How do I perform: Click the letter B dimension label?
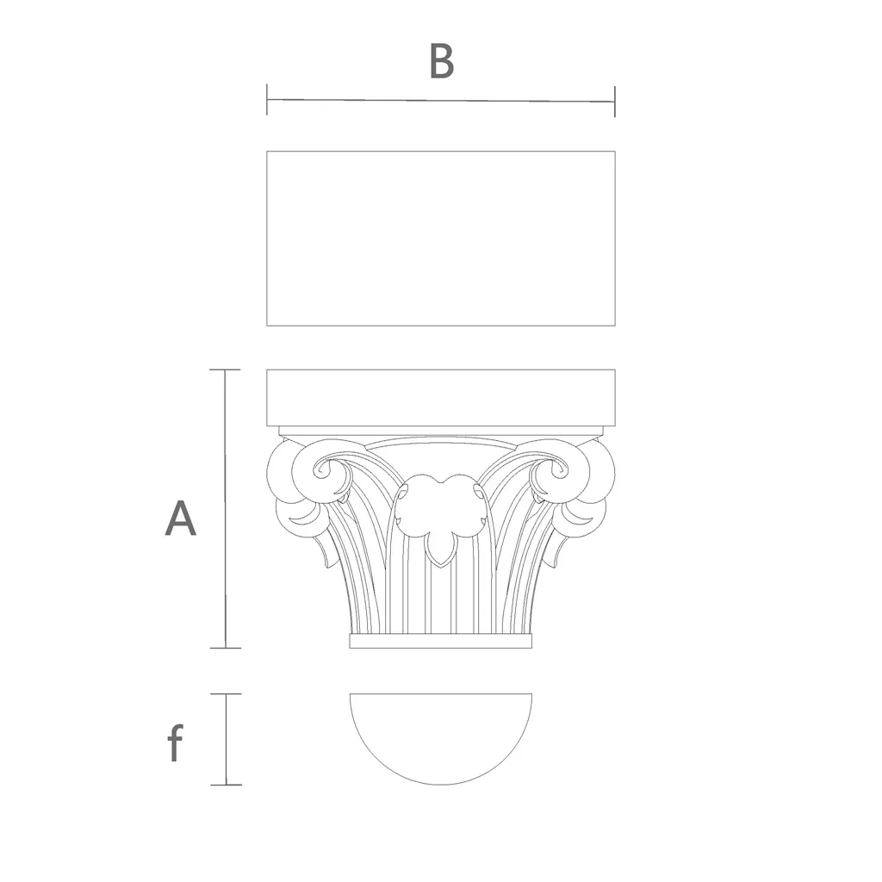(x=442, y=61)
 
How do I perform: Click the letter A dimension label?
(x=181, y=518)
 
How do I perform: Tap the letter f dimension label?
(x=176, y=742)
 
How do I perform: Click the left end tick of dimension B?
(x=267, y=100)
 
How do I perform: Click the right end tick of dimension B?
(x=615, y=102)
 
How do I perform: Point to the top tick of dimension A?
(x=225, y=370)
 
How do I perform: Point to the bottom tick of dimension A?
(x=225, y=648)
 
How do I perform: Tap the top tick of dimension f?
(x=227, y=694)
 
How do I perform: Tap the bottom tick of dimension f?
(x=227, y=785)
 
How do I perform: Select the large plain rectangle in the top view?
(x=441, y=239)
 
